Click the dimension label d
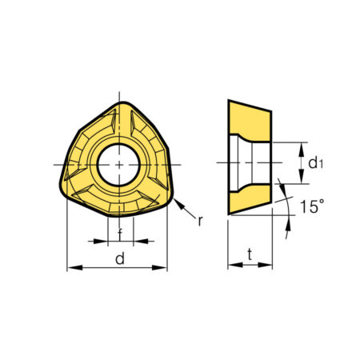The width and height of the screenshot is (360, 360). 120,259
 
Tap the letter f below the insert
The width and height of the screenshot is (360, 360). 120,234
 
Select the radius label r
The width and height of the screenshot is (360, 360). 200,221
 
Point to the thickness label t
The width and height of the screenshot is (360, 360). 250,254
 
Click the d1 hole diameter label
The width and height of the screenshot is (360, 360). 315,163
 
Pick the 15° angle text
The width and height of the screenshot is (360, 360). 312,206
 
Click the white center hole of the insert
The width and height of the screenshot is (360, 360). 119,165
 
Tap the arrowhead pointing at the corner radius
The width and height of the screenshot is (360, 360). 178,204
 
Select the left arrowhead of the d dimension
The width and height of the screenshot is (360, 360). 75,267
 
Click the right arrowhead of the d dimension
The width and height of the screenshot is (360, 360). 159,267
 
